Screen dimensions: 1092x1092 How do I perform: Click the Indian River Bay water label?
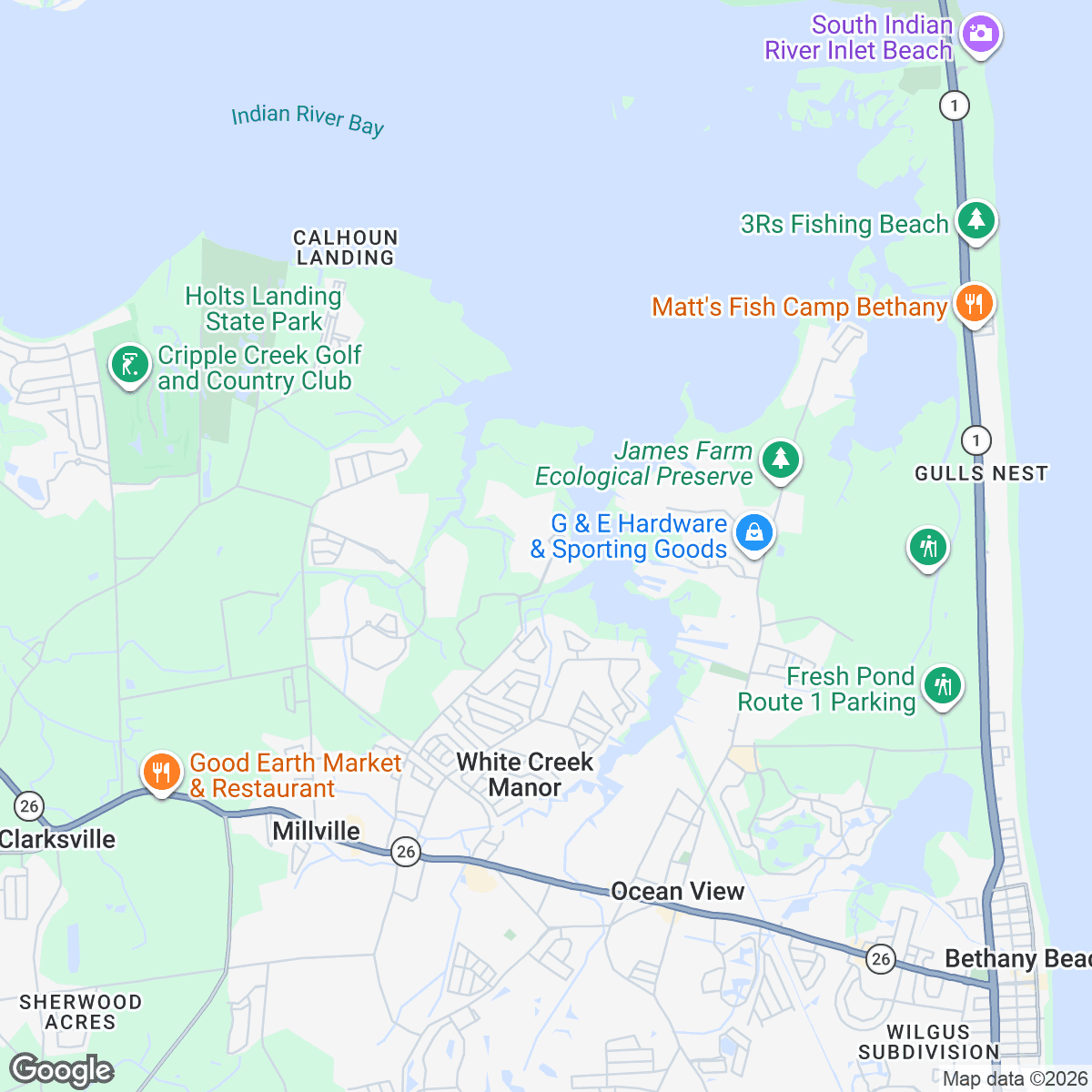click(x=308, y=119)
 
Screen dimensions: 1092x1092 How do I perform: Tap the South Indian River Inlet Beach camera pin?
click(x=980, y=35)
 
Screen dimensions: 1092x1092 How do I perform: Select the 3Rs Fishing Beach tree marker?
click(x=976, y=220)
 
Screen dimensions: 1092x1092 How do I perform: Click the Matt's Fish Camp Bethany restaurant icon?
click(x=974, y=304)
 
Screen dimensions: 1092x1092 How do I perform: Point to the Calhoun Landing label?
click(x=345, y=248)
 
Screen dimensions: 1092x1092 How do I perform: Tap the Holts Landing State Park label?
click(x=263, y=308)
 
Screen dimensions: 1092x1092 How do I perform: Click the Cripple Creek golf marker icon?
click(x=129, y=365)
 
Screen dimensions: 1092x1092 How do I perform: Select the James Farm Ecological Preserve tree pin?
click(x=780, y=459)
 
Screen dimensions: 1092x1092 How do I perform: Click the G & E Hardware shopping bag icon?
click(x=754, y=533)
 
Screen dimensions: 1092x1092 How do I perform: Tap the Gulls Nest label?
click(x=981, y=473)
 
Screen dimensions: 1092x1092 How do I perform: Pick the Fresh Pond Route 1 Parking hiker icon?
click(x=943, y=685)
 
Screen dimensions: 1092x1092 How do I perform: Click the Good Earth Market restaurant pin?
click(x=162, y=772)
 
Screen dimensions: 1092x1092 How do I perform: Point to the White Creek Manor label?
click(x=524, y=774)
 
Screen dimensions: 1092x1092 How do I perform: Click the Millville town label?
click(x=317, y=831)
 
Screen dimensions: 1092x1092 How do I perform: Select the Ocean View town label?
click(x=677, y=892)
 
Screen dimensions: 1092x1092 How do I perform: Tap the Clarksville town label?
click(x=57, y=839)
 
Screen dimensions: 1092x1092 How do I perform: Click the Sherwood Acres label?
click(x=81, y=1012)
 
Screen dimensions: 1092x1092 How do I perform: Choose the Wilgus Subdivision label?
click(x=928, y=1042)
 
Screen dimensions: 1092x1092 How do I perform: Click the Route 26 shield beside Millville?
click(x=406, y=852)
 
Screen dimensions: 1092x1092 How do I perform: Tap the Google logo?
click(x=62, y=1071)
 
